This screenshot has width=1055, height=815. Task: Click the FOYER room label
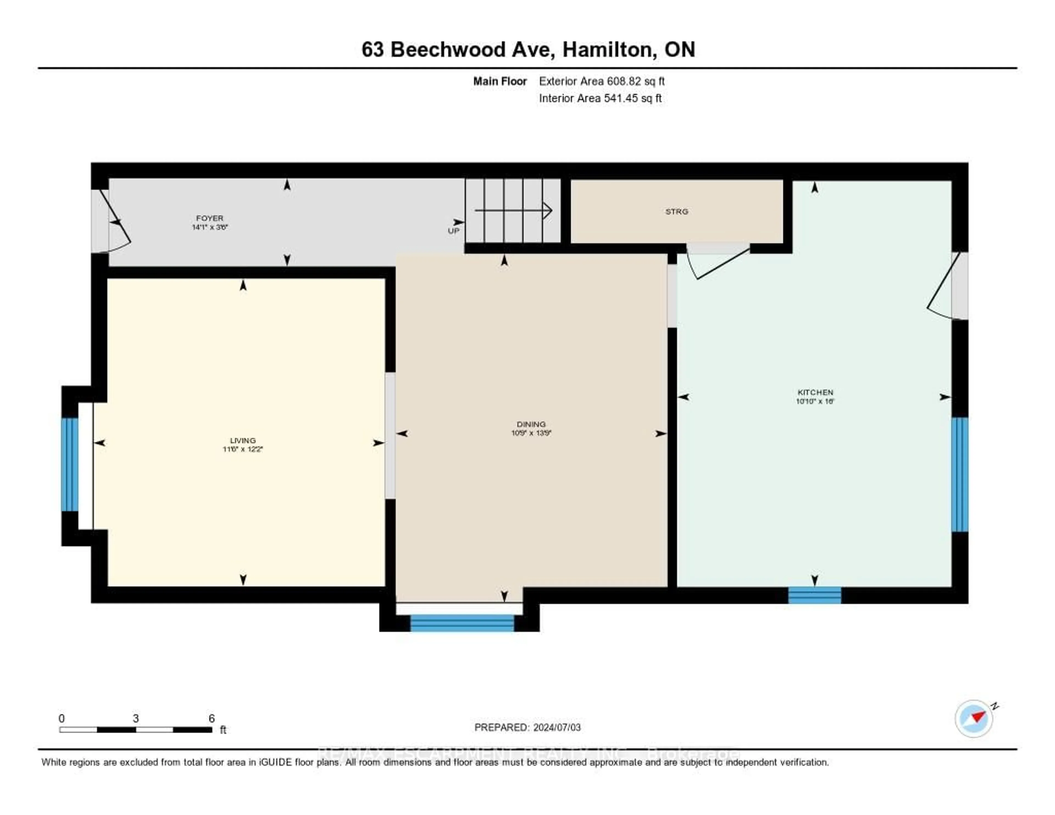tap(210, 218)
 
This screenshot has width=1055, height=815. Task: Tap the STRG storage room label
tap(676, 212)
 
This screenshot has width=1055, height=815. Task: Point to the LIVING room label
tap(243, 440)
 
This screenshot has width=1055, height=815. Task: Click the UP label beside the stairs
tap(453, 231)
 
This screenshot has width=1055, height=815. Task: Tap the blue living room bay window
tap(70, 464)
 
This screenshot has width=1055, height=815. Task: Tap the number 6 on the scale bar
tap(212, 718)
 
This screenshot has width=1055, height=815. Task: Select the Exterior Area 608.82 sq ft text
tap(601, 81)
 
